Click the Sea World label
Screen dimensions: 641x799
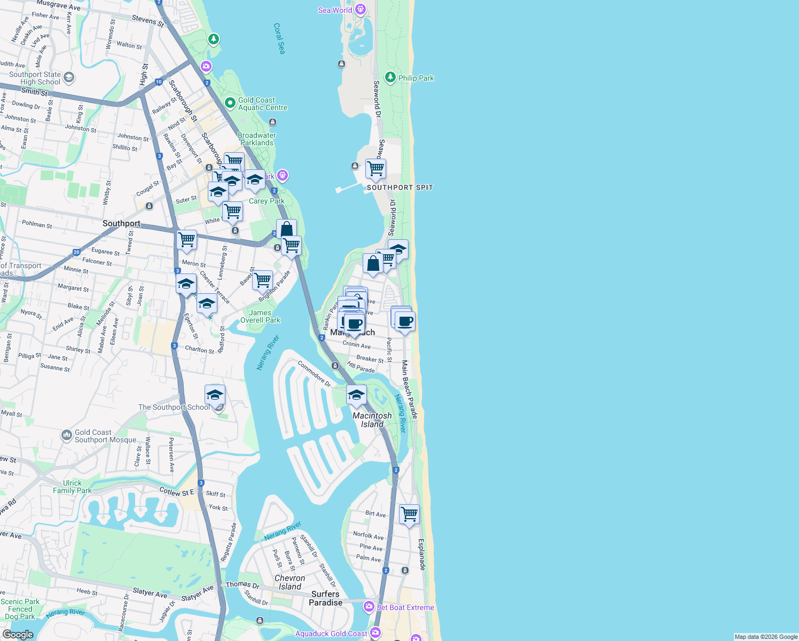335,10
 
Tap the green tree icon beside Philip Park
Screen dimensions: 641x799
390,78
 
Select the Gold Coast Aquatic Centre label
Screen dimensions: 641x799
262,104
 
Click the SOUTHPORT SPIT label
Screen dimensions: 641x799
400,187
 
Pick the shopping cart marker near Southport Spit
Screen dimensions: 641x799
375,169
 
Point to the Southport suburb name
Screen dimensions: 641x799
121,223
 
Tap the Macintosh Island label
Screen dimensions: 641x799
372,420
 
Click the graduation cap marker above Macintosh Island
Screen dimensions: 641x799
356,395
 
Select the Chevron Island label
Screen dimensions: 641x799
289,582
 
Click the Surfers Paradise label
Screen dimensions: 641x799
325,598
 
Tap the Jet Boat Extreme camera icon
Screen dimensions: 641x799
369,607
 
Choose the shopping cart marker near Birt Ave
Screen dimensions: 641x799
409,514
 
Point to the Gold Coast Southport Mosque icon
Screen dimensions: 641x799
67,436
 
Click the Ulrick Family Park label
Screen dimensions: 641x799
72,487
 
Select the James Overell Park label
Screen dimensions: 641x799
260,316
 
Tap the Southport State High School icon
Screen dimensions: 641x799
69,78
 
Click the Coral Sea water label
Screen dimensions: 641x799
279,38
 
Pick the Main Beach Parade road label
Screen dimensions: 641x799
409,389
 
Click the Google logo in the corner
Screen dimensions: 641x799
18,635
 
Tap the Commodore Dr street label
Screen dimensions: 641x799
314,373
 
